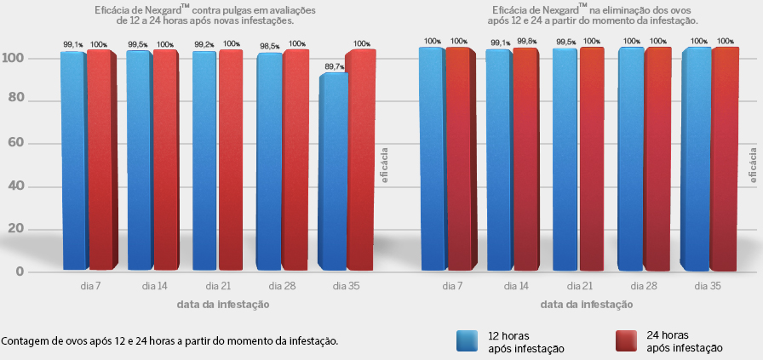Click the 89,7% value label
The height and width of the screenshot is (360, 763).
click(334, 66)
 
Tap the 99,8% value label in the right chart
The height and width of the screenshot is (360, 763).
click(526, 41)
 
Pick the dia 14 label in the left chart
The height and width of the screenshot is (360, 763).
click(153, 286)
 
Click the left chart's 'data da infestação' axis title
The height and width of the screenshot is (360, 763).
click(223, 303)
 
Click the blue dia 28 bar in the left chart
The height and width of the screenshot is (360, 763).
click(269, 162)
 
